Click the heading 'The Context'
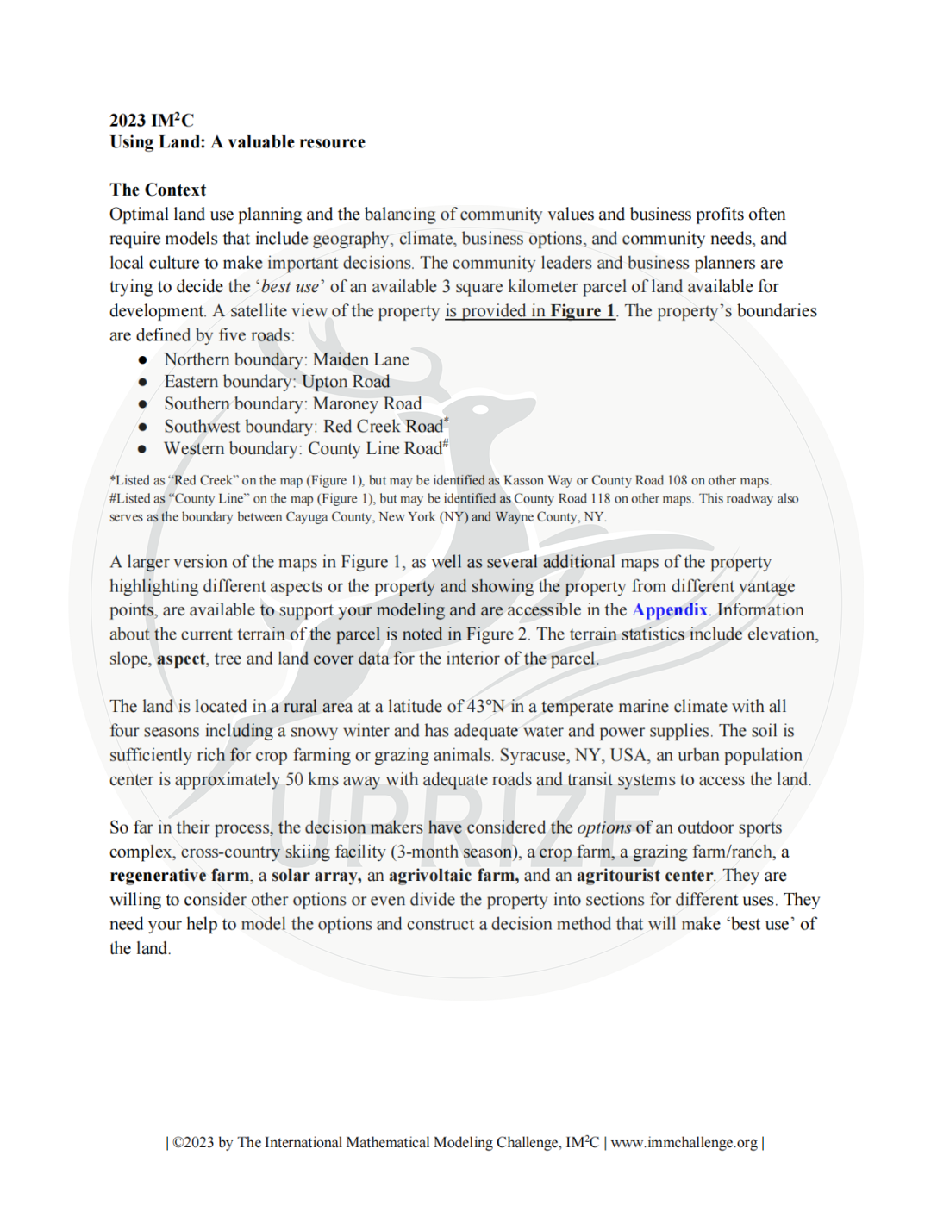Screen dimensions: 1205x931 158,190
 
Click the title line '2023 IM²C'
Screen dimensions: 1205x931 152,120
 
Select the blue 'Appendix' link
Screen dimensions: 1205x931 670,610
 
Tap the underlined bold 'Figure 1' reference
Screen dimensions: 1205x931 583,311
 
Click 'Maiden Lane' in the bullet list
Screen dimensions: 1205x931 360,359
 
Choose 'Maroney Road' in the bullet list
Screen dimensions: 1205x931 367,404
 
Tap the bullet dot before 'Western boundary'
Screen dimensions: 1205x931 143,449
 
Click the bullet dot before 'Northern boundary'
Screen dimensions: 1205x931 143,359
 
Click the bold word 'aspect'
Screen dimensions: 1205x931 181,659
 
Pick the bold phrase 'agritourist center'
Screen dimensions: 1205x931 645,876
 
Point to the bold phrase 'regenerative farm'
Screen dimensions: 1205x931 179,876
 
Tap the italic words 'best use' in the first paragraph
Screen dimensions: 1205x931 290,287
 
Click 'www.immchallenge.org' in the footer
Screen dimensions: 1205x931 684,1143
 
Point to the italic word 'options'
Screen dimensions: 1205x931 604,827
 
